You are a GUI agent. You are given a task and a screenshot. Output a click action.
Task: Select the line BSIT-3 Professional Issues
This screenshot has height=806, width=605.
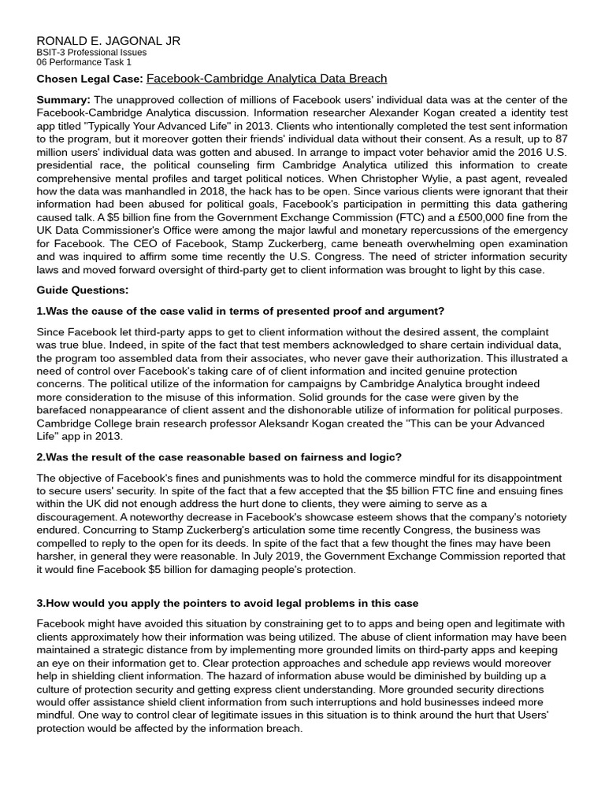pyautogui.click(x=91, y=53)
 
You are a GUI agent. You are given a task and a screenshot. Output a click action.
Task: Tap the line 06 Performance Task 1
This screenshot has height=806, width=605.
pyautogui.click(x=84, y=62)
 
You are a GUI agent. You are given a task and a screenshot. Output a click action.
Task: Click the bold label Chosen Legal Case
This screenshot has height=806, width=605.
pyautogui.click(x=90, y=79)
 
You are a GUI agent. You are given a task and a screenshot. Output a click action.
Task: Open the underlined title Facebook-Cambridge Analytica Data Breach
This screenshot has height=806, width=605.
pyautogui.click(x=267, y=79)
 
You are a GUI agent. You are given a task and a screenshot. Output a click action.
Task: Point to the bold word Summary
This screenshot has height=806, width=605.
pyautogui.click(x=64, y=99)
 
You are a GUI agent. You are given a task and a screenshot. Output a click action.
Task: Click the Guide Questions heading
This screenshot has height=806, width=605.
pyautogui.click(x=82, y=290)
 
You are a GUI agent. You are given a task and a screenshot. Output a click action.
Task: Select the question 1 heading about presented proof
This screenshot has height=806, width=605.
pyautogui.click(x=240, y=311)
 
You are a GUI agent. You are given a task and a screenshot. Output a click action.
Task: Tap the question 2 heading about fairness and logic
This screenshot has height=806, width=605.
pyautogui.click(x=219, y=457)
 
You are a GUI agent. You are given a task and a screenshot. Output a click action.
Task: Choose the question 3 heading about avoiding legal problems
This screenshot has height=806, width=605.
pyautogui.click(x=228, y=603)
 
